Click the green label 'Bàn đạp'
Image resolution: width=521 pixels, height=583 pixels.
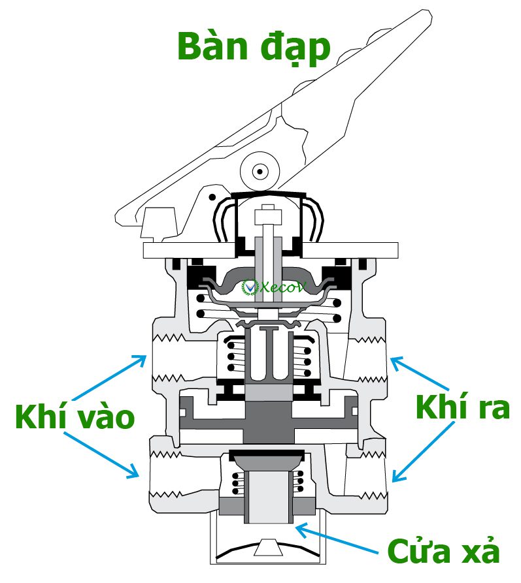(254, 47)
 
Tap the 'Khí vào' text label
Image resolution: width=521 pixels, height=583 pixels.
(75, 417)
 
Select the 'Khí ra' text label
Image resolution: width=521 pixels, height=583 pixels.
(462, 407)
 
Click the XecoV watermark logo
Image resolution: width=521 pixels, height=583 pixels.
(261, 287)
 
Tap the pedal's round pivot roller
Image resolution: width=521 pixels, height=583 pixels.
(260, 172)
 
